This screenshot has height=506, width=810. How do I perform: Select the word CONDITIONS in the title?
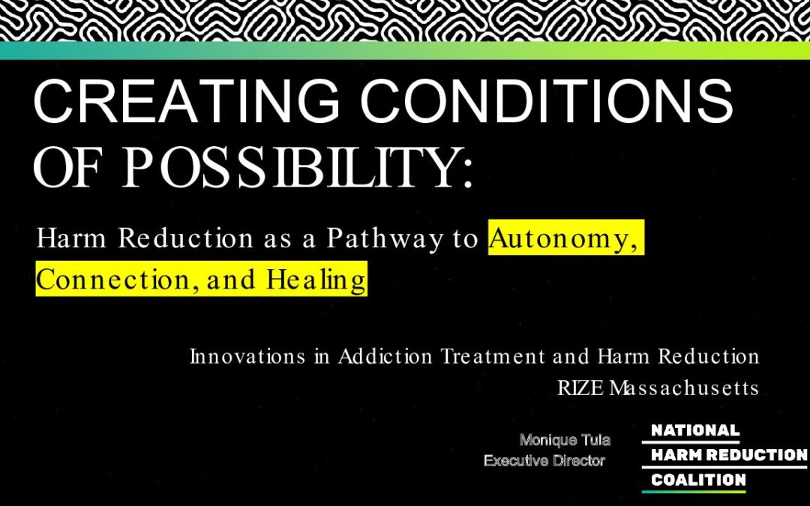(546, 101)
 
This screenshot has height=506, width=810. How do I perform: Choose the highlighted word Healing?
(316, 280)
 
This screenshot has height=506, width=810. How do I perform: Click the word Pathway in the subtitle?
(385, 238)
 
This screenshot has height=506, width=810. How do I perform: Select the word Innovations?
(247, 356)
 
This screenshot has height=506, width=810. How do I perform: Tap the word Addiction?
(385, 356)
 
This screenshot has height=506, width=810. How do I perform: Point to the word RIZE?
(580, 388)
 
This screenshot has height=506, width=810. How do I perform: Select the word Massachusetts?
(684, 388)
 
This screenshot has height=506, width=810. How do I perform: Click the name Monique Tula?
(565, 440)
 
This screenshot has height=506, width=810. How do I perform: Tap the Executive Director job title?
(544, 460)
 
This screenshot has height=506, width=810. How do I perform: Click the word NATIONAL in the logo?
(694, 430)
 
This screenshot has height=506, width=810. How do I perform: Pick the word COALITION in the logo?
(698, 480)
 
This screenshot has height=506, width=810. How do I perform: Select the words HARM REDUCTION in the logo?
(729, 455)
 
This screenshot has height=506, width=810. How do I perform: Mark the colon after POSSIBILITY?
(467, 173)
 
